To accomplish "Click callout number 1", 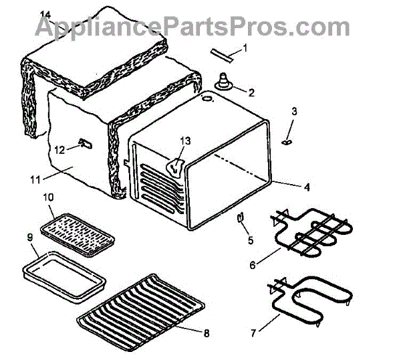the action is tap(245, 48).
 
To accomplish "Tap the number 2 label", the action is tap(251, 91).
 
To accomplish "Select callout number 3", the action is tap(294, 110).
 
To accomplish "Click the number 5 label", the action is tap(251, 239).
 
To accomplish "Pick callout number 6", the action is tap(253, 265).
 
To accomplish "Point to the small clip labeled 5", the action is tap(239, 218).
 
